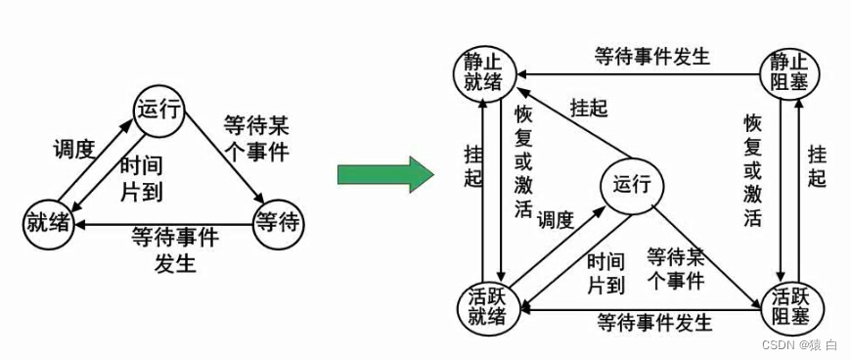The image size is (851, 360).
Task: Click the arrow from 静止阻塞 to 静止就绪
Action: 636,72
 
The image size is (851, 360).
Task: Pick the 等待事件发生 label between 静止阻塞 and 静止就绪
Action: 651,56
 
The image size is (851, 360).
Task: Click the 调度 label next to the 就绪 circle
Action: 72,150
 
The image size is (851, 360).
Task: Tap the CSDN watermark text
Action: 798,344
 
